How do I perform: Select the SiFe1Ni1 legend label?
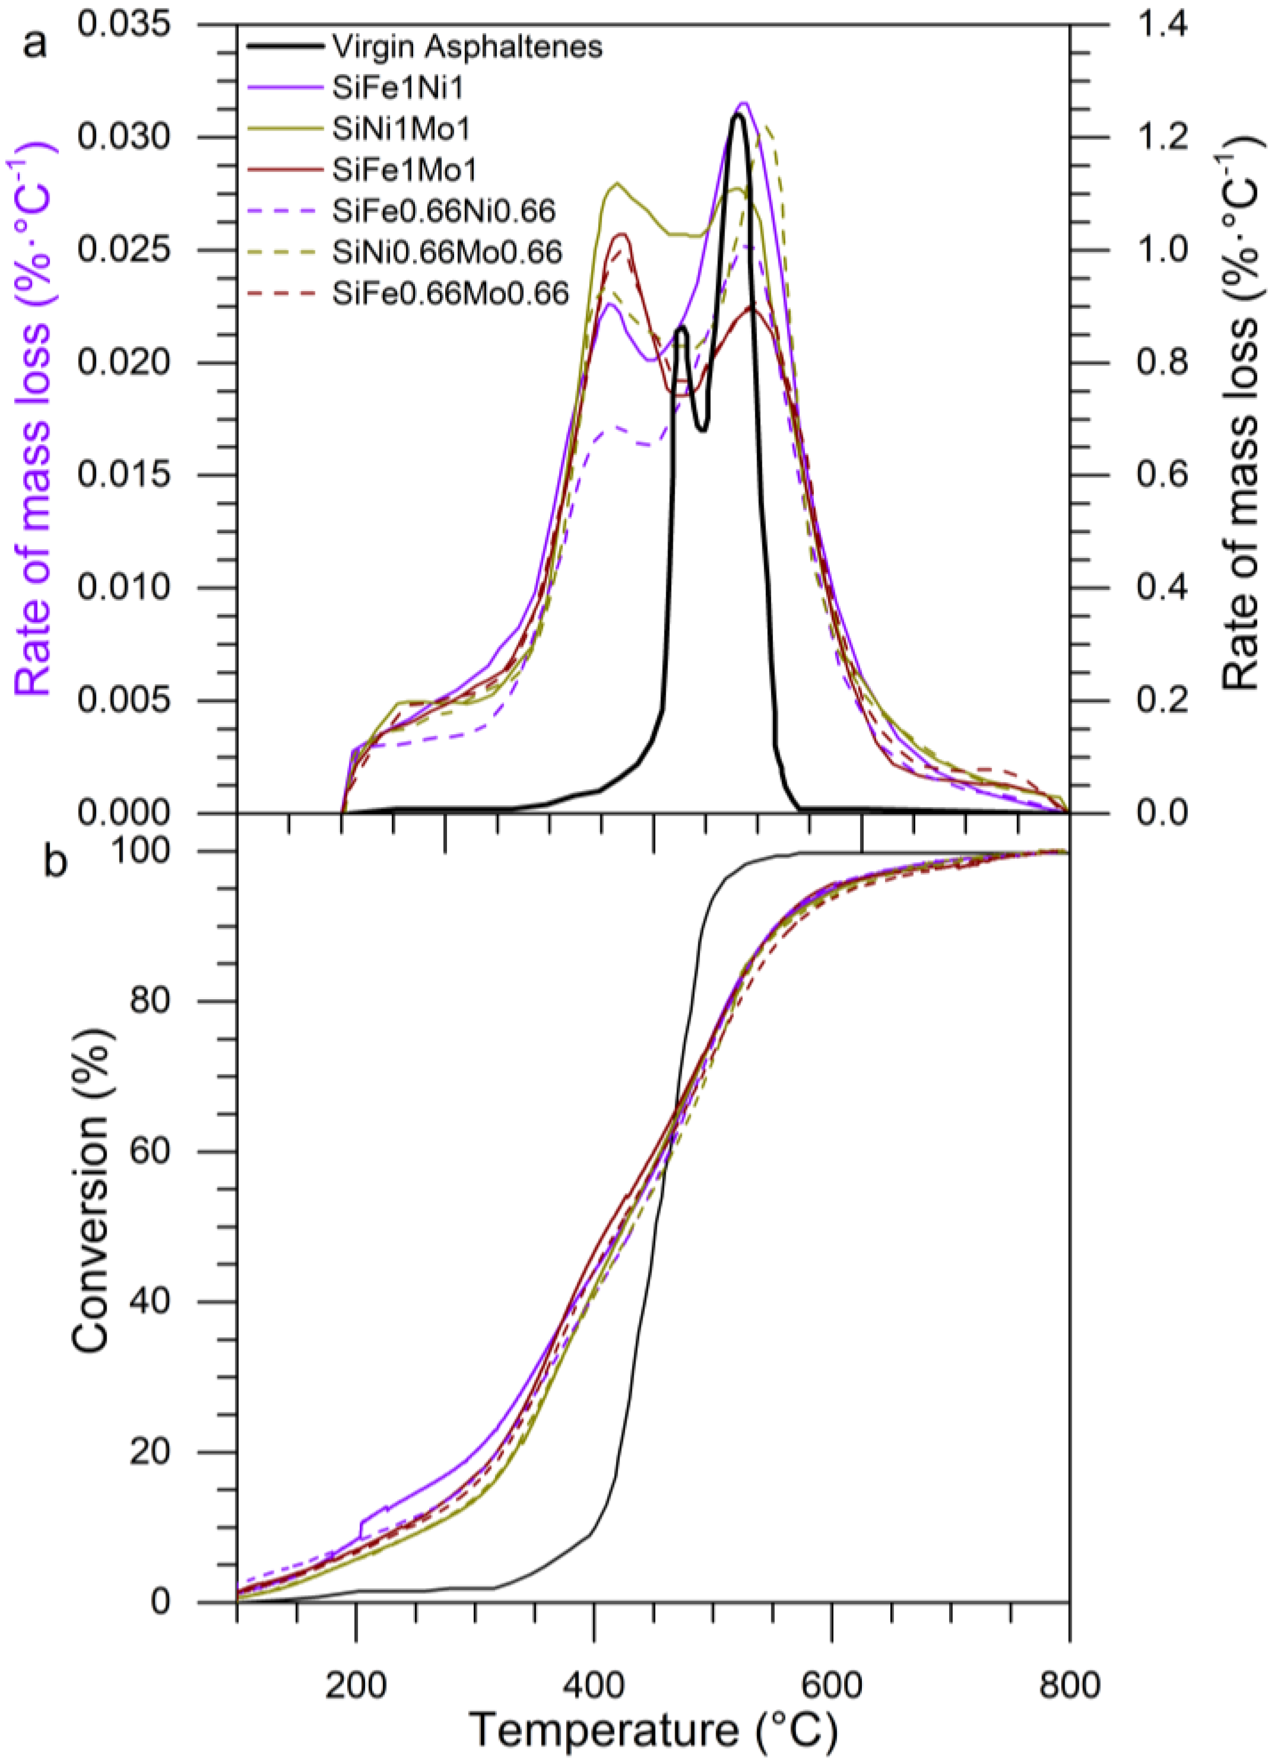398,88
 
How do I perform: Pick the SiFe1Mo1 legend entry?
404,170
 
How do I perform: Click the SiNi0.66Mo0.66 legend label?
447,252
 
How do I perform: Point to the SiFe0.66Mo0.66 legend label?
451,293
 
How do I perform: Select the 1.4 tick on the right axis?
1162,25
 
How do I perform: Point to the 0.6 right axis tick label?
1162,475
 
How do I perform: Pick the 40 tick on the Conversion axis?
149,1302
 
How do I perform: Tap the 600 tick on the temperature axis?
831,1660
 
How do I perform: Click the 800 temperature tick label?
1069,1660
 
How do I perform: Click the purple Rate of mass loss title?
33,420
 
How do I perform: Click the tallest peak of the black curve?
737,115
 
